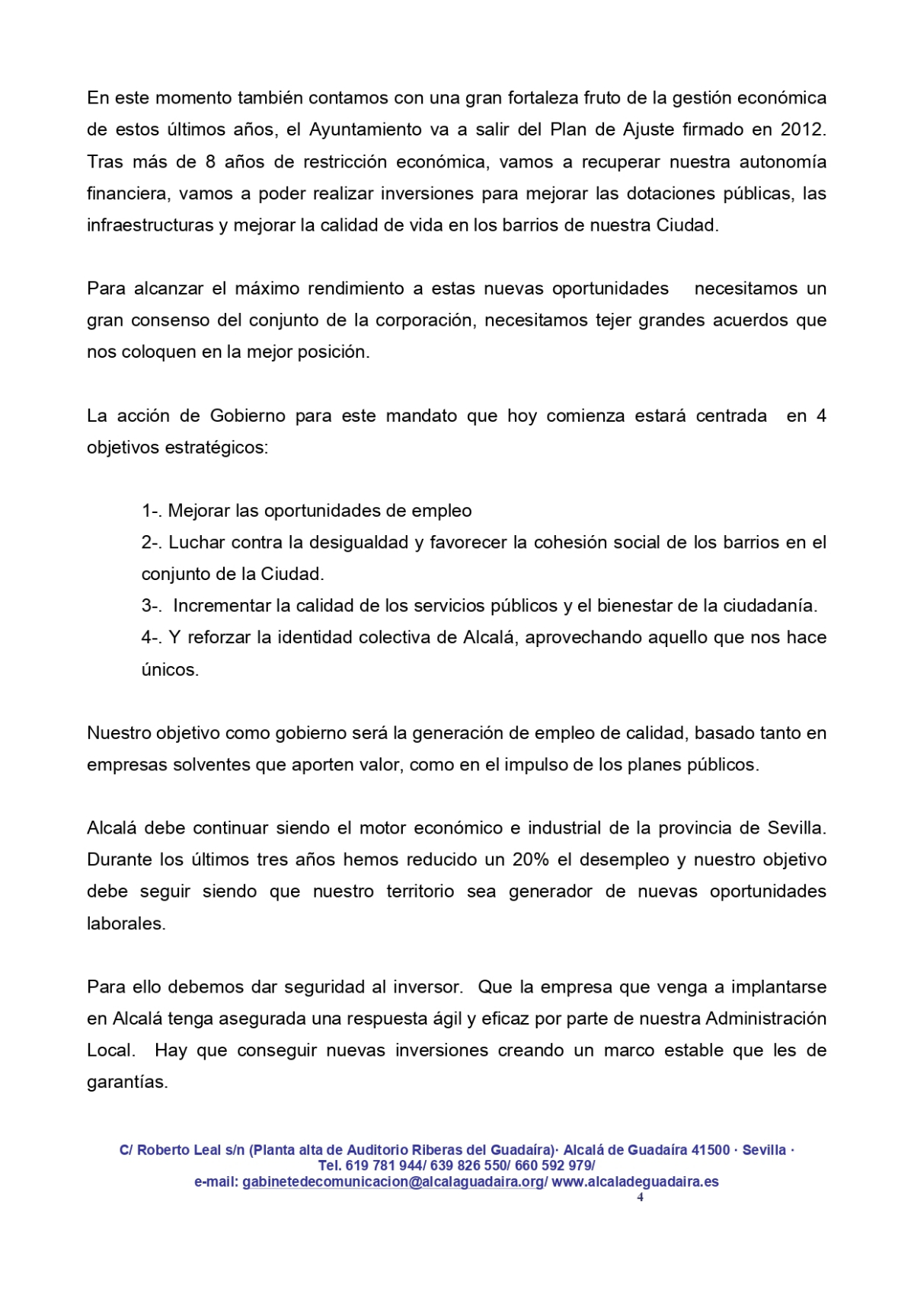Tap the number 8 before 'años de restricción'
pos(210,161)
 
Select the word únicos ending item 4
pos(169,670)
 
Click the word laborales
pos(126,923)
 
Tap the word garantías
pos(127,1082)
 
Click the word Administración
pos(766,1018)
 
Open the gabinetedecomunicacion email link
pos(394,1182)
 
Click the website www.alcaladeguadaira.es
pos(635,1182)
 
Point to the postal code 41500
pos(710,1150)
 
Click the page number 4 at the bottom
pos(640,1197)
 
